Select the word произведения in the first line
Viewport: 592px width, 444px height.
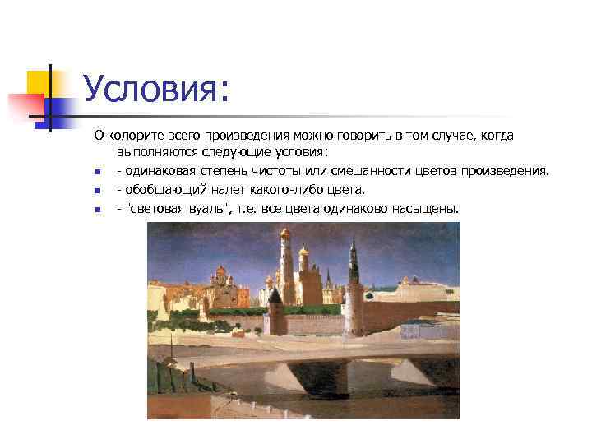(x=249, y=135)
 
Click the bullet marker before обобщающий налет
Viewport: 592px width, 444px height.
(x=97, y=192)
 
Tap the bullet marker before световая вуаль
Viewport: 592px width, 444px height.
(x=97, y=210)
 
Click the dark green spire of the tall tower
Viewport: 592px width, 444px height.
(x=354, y=251)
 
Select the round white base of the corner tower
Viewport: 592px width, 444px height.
(x=354, y=317)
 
